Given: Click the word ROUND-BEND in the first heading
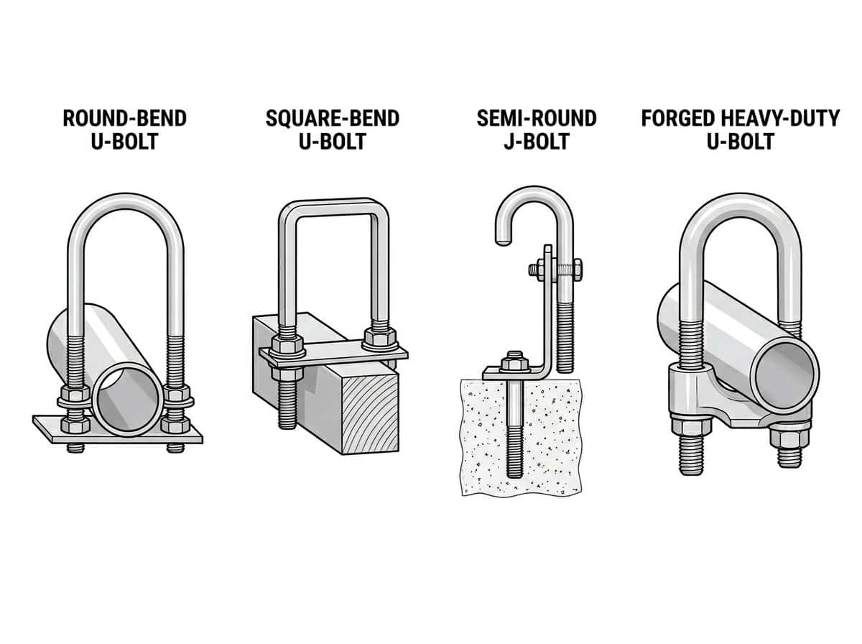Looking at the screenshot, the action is pos(125,119).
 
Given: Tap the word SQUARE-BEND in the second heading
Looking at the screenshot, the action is pos(333,119).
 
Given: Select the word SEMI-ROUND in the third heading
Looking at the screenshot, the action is pos(537,119).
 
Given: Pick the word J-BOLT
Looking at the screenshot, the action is pos(537,142).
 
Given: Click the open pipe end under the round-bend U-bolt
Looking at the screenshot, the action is pos(128,403).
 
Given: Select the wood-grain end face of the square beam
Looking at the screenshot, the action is pos(371,413).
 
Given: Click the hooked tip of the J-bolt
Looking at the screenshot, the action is pos(504,238).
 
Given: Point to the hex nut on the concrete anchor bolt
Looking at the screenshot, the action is pos(514,363).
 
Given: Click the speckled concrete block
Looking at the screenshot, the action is pos(521,436).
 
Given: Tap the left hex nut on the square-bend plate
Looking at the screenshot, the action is pos(288,345).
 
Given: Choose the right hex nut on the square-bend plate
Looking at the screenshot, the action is pos(380,339).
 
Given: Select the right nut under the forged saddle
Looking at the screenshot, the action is pos(790,438).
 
